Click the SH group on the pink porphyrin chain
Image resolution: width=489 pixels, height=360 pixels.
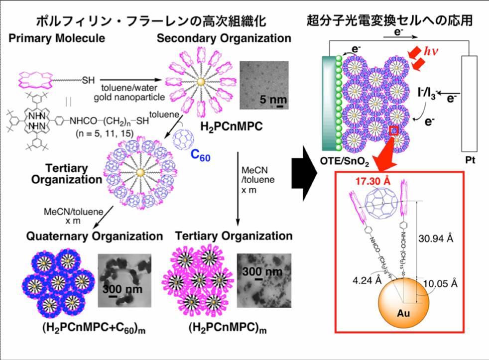coord(88,79)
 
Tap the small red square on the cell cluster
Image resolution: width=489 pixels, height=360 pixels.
coord(393,130)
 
